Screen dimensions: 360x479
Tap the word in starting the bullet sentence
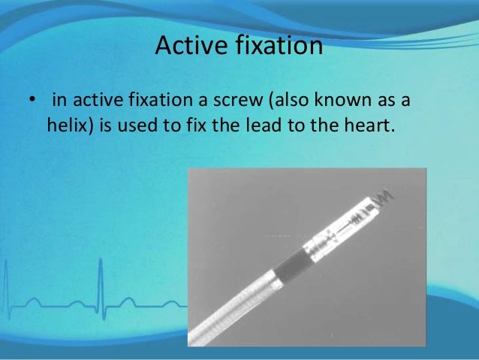click(58, 101)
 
